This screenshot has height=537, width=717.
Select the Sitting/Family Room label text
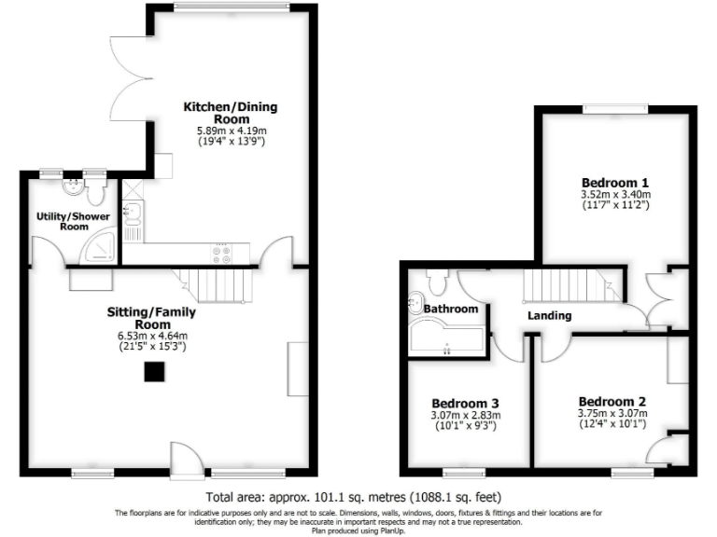pos(159,319)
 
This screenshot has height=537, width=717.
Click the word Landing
pos(549,315)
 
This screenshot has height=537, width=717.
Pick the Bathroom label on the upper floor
pos(451,309)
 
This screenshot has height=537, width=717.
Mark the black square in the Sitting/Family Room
pos(152,372)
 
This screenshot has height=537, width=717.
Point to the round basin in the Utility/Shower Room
pos(72,187)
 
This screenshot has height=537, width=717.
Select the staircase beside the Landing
pos(569,284)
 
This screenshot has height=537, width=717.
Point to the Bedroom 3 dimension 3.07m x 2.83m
pos(466,416)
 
